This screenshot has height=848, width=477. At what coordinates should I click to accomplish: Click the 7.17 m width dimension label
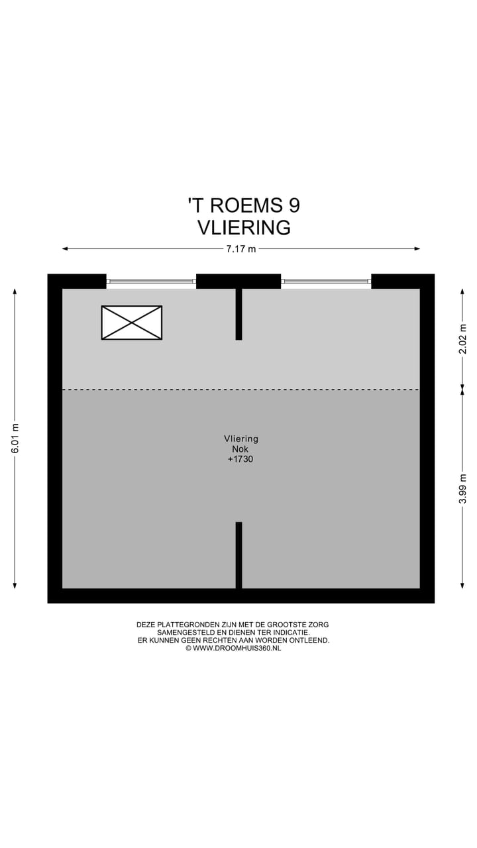pyautogui.click(x=240, y=249)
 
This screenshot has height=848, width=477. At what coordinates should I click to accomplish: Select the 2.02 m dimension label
pyautogui.click(x=463, y=342)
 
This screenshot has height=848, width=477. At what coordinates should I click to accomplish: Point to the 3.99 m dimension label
pyautogui.click(x=463, y=488)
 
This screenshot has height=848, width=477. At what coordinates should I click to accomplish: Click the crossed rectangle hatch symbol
pyautogui.click(x=131, y=323)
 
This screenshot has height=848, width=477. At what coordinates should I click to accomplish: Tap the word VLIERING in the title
pyautogui.click(x=244, y=227)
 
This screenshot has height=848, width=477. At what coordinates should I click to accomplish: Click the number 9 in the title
pyautogui.click(x=293, y=205)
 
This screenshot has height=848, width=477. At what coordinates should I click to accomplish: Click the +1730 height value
pyautogui.click(x=240, y=458)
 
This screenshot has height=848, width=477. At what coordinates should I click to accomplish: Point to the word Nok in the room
pyautogui.click(x=240, y=449)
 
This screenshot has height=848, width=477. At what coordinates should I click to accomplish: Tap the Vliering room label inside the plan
pyautogui.click(x=240, y=439)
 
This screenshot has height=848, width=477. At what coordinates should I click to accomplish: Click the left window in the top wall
pyautogui.click(x=151, y=282)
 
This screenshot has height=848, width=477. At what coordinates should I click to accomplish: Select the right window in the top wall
pyautogui.click(x=326, y=282)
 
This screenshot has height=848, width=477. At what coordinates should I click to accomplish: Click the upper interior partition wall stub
pyautogui.click(x=238, y=314)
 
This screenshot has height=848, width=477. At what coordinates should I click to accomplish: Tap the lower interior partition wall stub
pyautogui.click(x=238, y=555)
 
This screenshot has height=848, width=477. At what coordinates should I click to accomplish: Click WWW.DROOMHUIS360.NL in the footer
pyautogui.click(x=237, y=648)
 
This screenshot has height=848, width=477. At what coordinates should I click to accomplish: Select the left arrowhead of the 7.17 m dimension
pyautogui.click(x=65, y=249)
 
